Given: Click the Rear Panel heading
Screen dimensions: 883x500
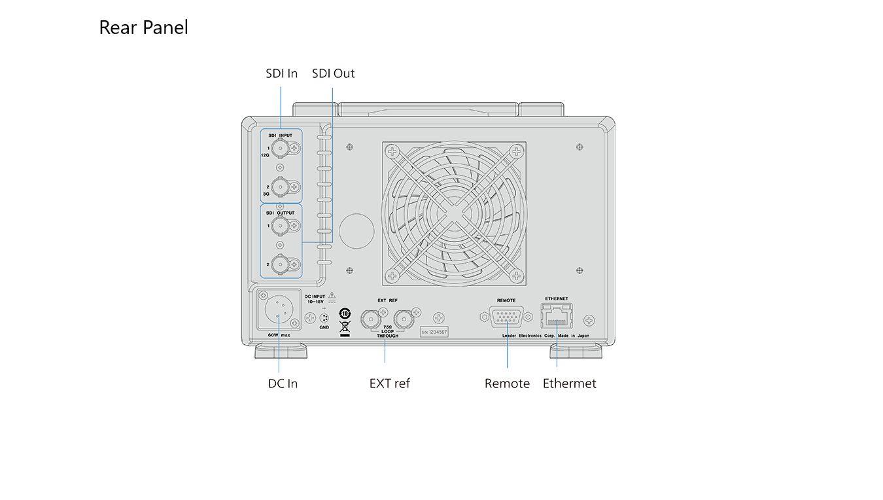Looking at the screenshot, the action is coord(143,27).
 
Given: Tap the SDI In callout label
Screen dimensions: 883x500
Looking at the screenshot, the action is coord(281,74).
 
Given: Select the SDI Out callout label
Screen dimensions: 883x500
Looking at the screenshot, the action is coord(333,74).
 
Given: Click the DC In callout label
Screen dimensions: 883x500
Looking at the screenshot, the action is coord(283,384).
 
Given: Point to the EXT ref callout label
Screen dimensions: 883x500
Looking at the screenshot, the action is coord(389,384).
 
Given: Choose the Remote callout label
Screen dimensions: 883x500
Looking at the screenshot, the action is coord(507,384).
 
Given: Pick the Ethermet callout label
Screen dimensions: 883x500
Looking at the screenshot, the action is coord(569,384).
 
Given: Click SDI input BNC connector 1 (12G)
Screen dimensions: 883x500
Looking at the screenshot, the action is coord(281,149).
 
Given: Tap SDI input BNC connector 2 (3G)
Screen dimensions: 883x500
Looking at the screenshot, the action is coord(281,187).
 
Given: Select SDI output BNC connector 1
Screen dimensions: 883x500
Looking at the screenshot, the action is coord(281,226).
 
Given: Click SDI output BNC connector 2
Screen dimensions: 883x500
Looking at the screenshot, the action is coord(281,264).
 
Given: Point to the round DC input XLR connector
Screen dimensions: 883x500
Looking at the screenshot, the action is coord(279,310).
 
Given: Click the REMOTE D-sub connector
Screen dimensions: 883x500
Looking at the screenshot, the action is coord(506,317).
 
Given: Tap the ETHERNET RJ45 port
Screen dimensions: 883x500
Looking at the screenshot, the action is coord(557,316).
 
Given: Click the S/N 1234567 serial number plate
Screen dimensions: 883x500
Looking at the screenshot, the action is coord(434,332).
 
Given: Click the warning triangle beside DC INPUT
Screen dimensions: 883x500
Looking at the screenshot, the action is coord(332,295).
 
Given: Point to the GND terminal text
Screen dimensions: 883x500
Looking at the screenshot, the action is coord(324,327).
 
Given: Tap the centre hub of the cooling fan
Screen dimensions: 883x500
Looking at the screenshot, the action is coord(454,213).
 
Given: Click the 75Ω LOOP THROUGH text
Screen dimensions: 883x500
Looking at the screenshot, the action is coord(387,332).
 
